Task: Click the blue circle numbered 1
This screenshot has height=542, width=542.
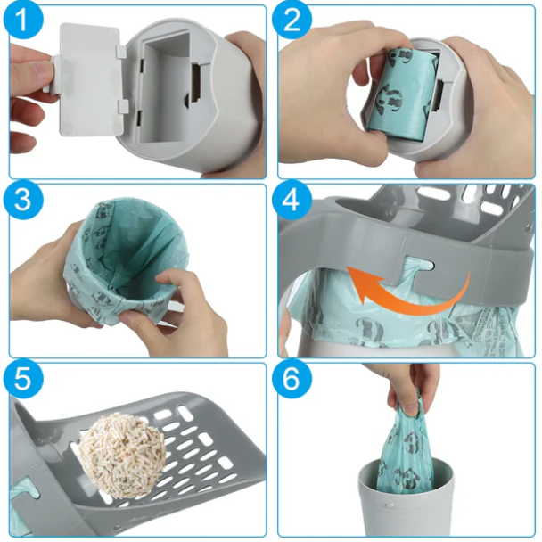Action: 23,20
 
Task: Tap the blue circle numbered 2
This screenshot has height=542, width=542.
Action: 292,20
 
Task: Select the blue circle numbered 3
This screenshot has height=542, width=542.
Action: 23,200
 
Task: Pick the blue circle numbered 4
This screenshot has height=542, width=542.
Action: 292,200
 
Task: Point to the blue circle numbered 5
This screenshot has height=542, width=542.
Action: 23,379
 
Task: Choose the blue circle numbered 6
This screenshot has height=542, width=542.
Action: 292,379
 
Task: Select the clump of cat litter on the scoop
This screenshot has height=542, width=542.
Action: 121,457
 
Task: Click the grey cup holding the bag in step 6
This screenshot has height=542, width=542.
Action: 405,497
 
